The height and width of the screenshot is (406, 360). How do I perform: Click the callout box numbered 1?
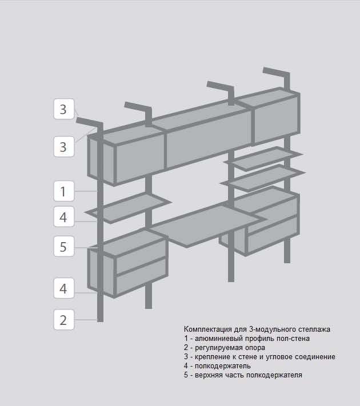coord(64,191)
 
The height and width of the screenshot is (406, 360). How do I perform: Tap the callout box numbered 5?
coord(64,246)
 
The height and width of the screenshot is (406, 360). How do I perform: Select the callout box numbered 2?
coord(64,320)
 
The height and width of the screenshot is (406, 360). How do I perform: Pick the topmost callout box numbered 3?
coord(64,108)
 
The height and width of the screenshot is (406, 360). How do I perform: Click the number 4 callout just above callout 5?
coord(64,216)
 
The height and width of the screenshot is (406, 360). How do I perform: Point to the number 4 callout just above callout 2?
coord(64,288)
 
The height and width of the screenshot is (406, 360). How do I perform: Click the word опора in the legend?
coord(255,348)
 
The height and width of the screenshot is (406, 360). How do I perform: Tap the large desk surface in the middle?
coord(206,224)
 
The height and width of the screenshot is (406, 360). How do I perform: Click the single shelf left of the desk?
coord(129,208)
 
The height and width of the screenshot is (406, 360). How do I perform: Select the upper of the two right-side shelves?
coord(263,159)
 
